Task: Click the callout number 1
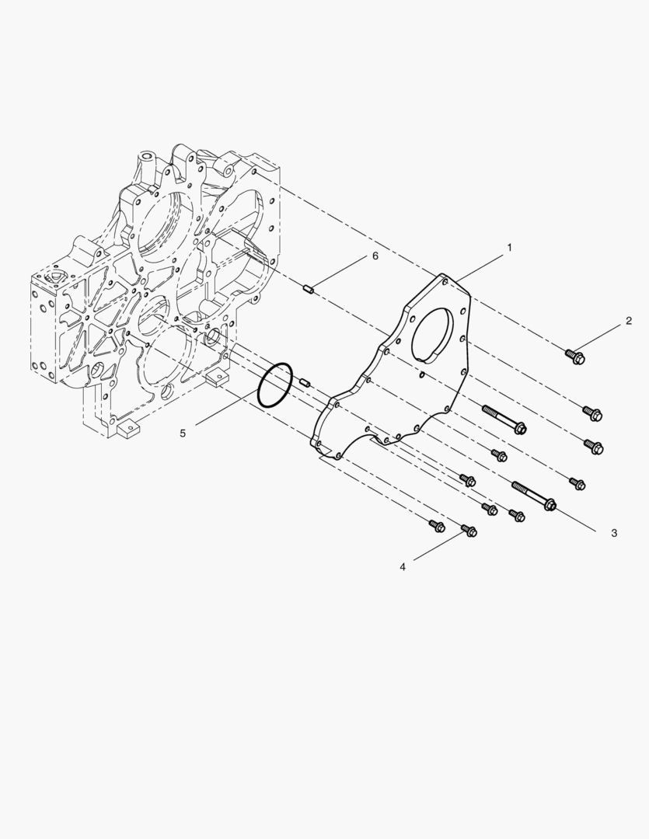pyautogui.click(x=509, y=247)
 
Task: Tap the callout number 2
pyautogui.click(x=629, y=321)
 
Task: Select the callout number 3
pyautogui.click(x=614, y=533)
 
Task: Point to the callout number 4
pyautogui.click(x=403, y=566)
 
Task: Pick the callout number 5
pyautogui.click(x=183, y=433)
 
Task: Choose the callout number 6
pyautogui.click(x=375, y=256)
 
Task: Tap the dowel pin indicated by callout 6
pyautogui.click(x=309, y=290)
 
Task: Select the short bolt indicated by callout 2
pyautogui.click(x=575, y=357)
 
